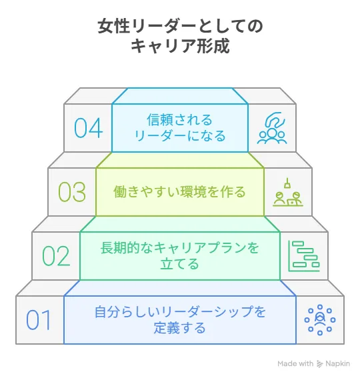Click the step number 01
(39, 320)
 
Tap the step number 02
(56, 256)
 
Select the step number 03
(72, 191)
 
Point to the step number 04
(88, 128)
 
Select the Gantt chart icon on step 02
(304, 256)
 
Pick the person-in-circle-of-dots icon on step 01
(320, 319)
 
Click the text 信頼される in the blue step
(179, 120)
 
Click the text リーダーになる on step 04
(180, 136)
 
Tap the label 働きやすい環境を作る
(179, 191)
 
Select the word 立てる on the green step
(179, 264)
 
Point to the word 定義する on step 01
(179, 328)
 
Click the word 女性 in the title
(114, 26)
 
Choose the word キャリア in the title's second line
(163, 45)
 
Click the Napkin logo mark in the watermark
(319, 363)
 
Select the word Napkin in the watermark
(337, 364)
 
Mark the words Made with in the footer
(295, 363)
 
